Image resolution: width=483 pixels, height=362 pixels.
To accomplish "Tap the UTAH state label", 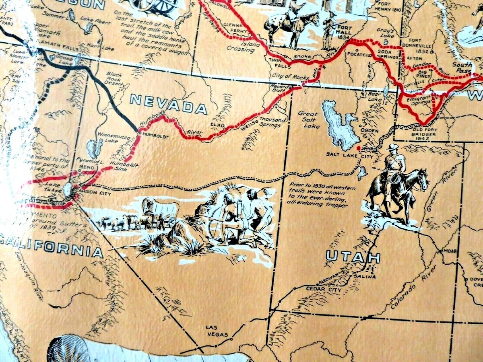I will click(353, 257).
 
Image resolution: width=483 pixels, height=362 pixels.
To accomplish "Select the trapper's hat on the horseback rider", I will click(393, 147).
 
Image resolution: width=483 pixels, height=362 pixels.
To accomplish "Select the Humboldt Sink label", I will click(125, 167).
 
